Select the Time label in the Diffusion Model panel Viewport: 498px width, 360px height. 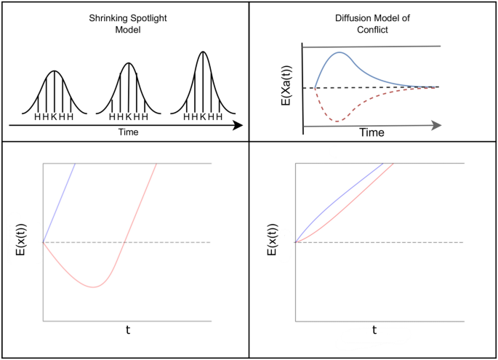tap(372, 134)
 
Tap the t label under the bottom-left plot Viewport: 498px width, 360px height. tap(128, 329)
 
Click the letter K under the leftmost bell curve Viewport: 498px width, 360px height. tap(54, 116)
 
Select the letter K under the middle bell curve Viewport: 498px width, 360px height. tap(129, 116)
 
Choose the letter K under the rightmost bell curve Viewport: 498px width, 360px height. tap(203, 116)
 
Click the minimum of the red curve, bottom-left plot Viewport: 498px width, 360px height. tap(93, 287)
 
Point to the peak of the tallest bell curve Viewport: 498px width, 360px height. tap(203, 53)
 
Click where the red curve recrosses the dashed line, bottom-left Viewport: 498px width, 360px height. tap(125, 242)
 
